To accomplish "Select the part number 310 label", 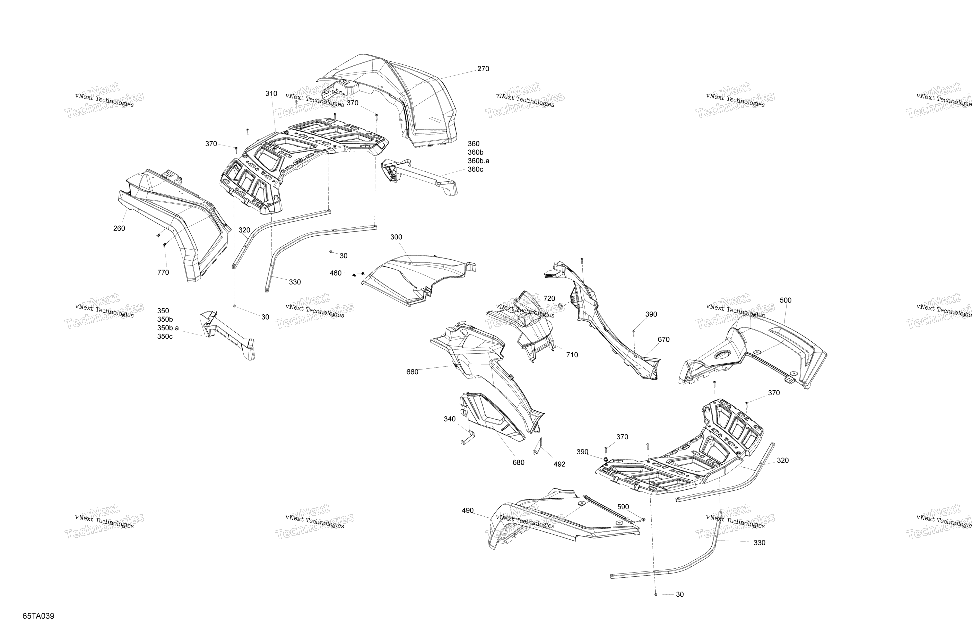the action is pyautogui.click(x=271, y=94).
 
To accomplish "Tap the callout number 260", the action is pyautogui.click(x=119, y=228).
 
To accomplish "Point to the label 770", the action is pyautogui.click(x=163, y=272).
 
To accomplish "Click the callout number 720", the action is pyautogui.click(x=549, y=299).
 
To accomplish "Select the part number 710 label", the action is pyautogui.click(x=572, y=355).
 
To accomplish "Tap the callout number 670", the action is pyautogui.click(x=664, y=339).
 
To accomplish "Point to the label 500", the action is pyautogui.click(x=785, y=300).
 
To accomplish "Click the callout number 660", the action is pyautogui.click(x=413, y=372).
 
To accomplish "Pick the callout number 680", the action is pyautogui.click(x=518, y=463).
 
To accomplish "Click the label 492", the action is pyautogui.click(x=559, y=464).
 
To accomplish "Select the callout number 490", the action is pyautogui.click(x=468, y=510).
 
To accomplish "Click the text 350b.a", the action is pyautogui.click(x=168, y=328).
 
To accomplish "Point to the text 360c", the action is pyautogui.click(x=475, y=169).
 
